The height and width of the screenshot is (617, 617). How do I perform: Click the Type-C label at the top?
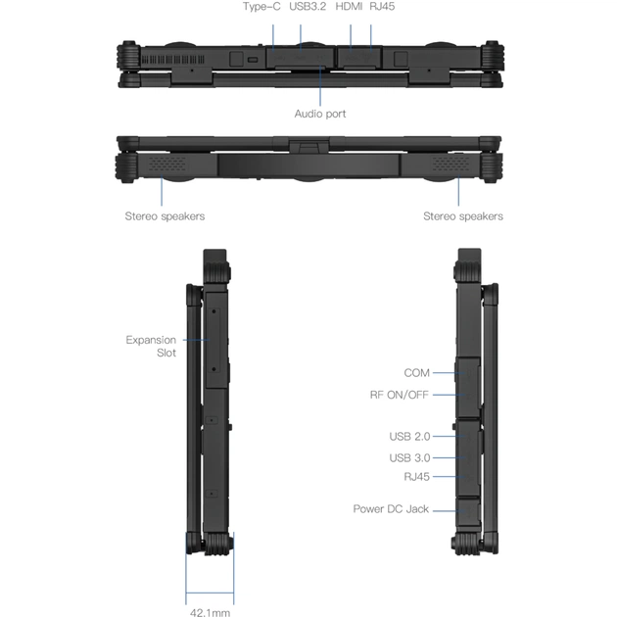coord(261,7)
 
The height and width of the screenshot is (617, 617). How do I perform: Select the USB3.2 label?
coord(308,7)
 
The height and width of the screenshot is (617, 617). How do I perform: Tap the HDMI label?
coord(349,7)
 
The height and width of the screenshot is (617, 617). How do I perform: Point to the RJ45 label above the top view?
coord(382,7)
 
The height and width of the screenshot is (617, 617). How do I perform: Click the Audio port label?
coord(320,114)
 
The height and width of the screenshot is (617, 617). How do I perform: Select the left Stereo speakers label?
coord(165,215)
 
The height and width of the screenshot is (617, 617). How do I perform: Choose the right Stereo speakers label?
coord(462,215)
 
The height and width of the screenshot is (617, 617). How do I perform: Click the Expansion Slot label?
coord(152,346)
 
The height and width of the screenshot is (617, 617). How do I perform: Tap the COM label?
coord(417,372)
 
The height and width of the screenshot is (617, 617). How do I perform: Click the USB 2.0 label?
coord(409,436)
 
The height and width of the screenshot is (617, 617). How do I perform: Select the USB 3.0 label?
coord(409,457)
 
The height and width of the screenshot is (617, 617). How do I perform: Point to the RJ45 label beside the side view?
coord(417,476)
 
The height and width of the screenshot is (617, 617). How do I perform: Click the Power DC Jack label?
coord(392,509)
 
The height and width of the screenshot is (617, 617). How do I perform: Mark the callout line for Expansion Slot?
coord(195,340)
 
